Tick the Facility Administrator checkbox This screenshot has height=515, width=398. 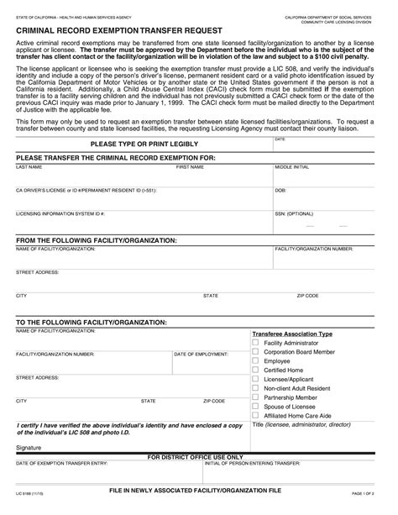tap(256, 343)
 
